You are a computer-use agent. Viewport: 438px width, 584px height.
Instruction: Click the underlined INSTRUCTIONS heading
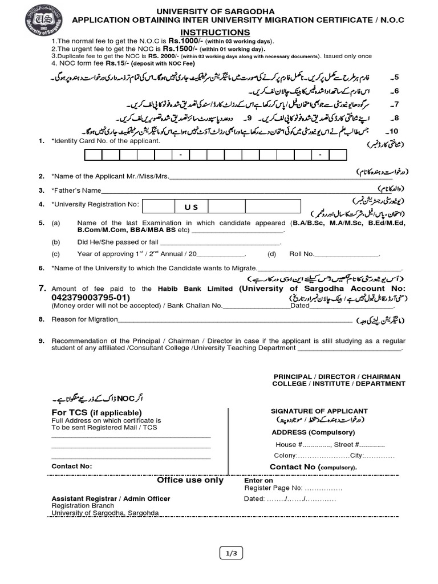click(x=216, y=33)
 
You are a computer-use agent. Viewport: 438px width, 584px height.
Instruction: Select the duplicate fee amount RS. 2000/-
click(x=165, y=56)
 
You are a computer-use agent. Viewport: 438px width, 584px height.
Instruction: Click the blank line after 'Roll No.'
click(x=355, y=254)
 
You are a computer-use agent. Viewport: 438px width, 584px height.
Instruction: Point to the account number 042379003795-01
click(x=90, y=298)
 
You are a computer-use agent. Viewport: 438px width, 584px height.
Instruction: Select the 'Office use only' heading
click(x=190, y=480)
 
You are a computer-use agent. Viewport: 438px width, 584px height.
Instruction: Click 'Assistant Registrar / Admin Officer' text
click(x=111, y=498)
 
